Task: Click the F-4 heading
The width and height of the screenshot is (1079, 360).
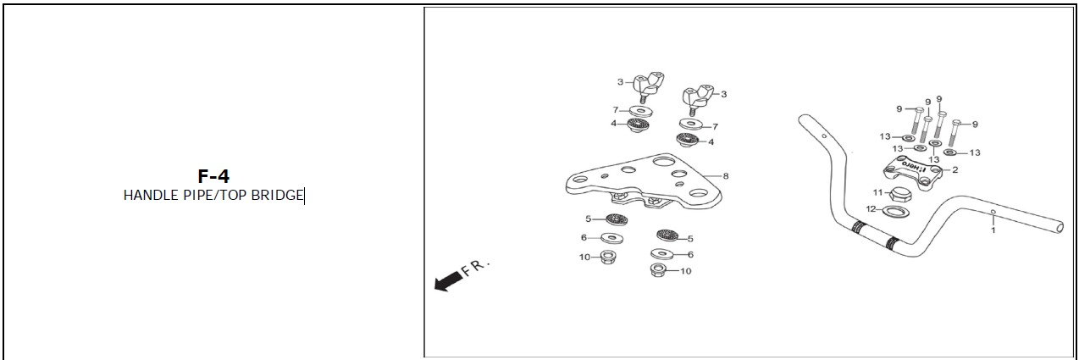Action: [213, 176]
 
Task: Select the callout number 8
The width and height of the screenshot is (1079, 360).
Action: [726, 176]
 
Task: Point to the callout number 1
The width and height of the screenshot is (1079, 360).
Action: [993, 230]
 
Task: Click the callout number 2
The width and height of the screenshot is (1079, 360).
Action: [955, 169]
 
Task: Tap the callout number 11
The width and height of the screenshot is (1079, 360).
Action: [877, 193]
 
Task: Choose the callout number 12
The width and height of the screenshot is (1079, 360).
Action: [871, 209]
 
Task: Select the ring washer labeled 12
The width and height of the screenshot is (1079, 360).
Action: [895, 211]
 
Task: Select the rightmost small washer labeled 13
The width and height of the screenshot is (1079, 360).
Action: [950, 152]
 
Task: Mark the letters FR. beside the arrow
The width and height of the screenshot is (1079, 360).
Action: [475, 268]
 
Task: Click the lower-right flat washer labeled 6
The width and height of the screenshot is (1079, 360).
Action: [662, 254]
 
